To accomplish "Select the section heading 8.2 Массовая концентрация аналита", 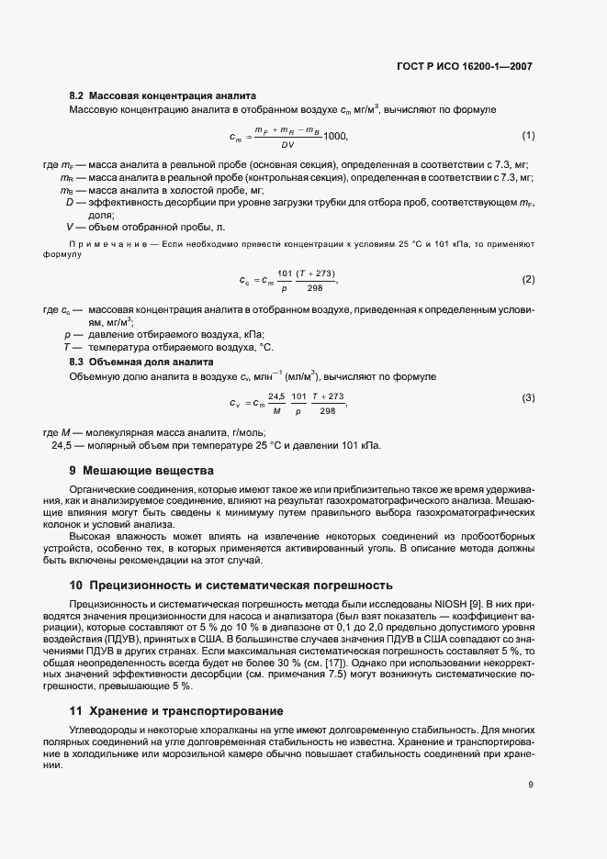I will (163, 95).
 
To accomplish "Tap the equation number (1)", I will (528, 136).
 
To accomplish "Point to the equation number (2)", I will (528, 279).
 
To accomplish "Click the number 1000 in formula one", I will (336, 136).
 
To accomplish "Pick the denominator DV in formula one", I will (287, 144).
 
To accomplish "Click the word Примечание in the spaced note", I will (103, 243).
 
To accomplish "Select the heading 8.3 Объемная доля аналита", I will (141, 363).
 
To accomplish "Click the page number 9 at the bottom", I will (532, 784).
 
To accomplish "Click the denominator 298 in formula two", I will (315, 287).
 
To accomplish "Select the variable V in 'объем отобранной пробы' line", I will (69, 226).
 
